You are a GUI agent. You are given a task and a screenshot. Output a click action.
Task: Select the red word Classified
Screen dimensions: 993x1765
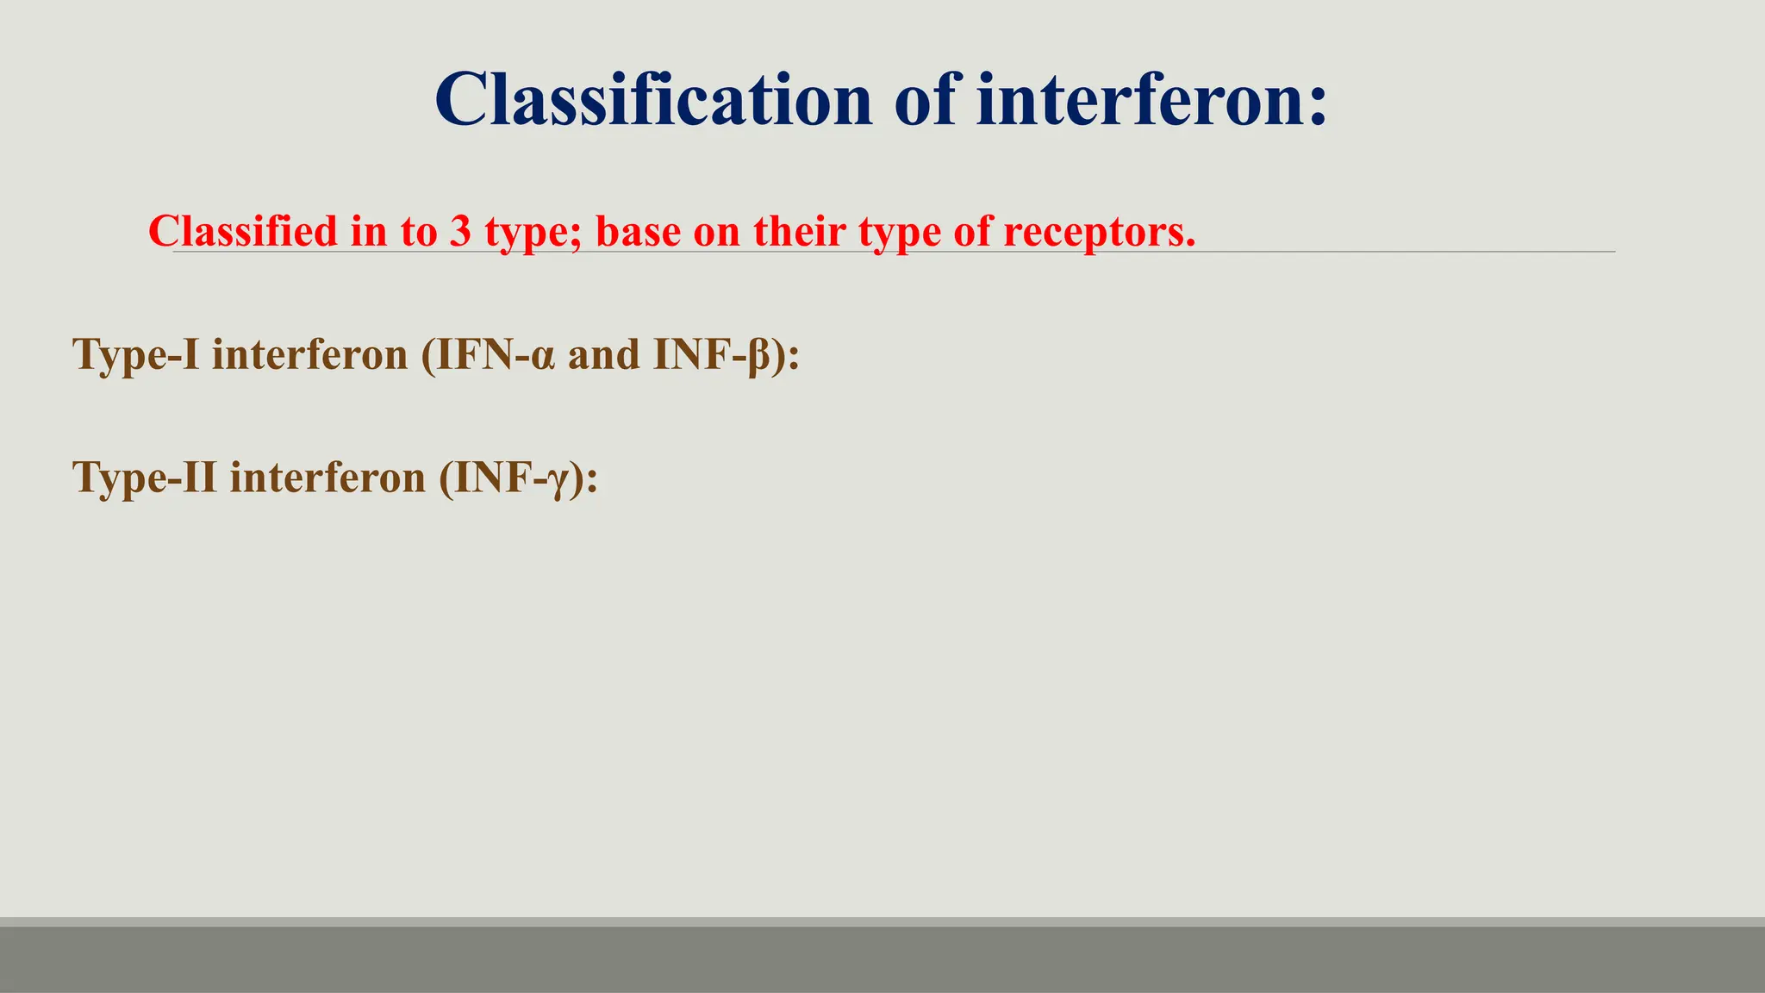pyautogui.click(x=243, y=231)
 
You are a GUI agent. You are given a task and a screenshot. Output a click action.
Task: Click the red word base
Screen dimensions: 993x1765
pyautogui.click(x=638, y=231)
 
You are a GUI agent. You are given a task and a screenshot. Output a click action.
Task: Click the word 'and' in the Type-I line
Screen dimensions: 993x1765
pyautogui.click(x=603, y=354)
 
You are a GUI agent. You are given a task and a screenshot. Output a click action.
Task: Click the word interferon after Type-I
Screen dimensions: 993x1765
pyautogui.click(x=309, y=354)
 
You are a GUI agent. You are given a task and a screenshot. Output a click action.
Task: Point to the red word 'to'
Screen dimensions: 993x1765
pyautogui.click(x=418, y=231)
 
